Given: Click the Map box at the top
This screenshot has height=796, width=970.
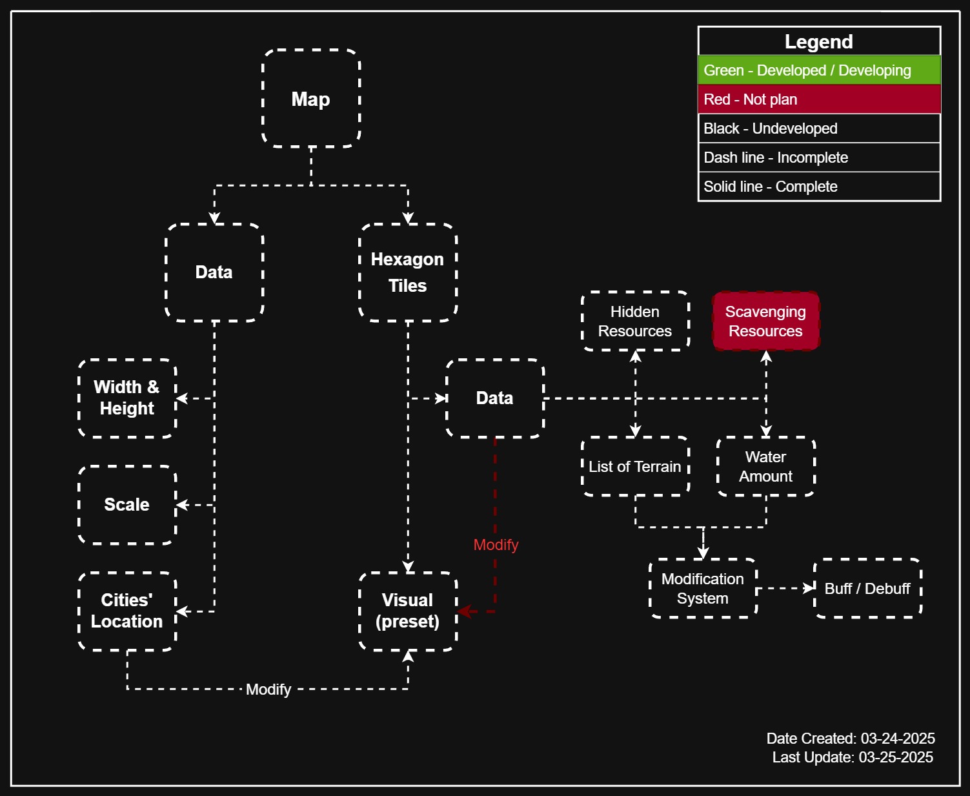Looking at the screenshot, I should click(311, 99).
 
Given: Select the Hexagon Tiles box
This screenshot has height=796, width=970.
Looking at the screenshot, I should click(407, 272).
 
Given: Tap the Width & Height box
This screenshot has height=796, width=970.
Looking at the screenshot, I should click(127, 398).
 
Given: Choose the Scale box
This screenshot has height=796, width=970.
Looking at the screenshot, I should click(127, 504).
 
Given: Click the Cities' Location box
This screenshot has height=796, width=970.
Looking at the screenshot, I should click(127, 611).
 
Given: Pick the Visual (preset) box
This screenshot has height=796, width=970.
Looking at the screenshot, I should click(407, 611).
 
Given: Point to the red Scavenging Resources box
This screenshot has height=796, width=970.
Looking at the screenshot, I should click(765, 321).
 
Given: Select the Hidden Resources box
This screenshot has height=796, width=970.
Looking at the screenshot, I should click(635, 321).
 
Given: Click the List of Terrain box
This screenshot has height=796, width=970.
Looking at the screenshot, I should click(635, 466).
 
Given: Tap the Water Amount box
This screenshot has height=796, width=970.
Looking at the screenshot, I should click(765, 466).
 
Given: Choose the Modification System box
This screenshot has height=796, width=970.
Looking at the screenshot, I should click(703, 588).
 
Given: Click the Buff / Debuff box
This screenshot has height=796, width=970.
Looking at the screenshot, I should click(867, 588).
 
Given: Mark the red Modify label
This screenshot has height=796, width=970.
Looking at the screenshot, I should click(496, 545).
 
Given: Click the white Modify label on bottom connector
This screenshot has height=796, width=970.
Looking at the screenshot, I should click(268, 689).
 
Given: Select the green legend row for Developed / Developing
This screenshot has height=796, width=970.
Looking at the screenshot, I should click(819, 70).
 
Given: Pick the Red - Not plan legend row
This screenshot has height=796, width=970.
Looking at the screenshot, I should click(819, 99).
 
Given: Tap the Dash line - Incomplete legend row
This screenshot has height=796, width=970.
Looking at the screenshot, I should click(819, 158).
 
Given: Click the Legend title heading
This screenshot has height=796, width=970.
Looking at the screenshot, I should click(819, 42).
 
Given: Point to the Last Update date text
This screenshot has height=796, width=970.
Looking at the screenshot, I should click(853, 757).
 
